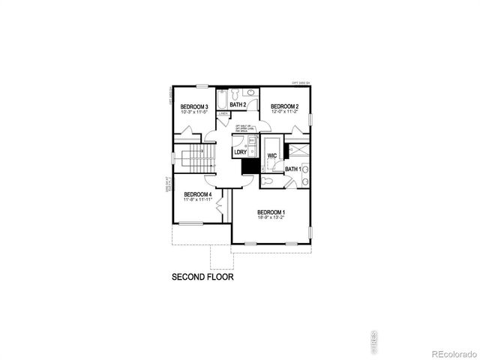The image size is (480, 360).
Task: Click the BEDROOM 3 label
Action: tap(194, 106)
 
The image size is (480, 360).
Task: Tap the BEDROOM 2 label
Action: tap(285, 106)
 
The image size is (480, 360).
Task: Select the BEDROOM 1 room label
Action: tap(271, 211)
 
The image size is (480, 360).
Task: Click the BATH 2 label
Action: tap(238, 104)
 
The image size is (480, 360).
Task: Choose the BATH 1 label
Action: tap(293, 169)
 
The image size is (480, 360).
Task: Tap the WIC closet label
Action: tap(273, 156)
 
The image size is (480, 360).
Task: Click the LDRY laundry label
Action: tap(240, 152)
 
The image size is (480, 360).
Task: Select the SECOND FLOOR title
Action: tap(202, 277)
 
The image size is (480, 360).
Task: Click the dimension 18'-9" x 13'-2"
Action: tap(271, 218)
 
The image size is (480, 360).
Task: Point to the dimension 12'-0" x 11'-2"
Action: tap(285, 112)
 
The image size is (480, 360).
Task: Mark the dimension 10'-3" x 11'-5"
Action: tap(194, 112)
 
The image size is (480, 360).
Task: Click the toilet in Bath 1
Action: tap(268, 181)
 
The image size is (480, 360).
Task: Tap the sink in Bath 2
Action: tap(251, 93)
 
